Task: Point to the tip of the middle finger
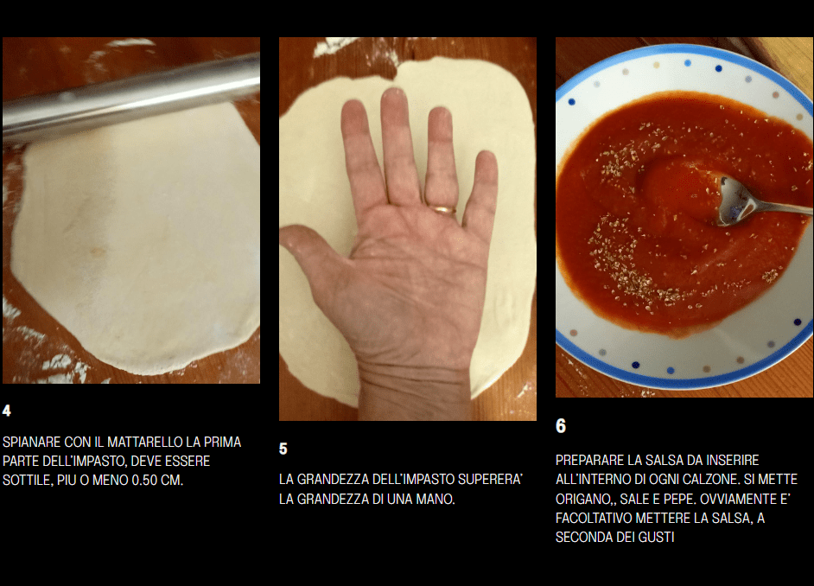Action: pyautogui.click(x=393, y=93)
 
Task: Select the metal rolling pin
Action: pyautogui.click(x=130, y=99)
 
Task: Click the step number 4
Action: pyautogui.click(x=7, y=411)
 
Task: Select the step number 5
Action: pyautogui.click(x=283, y=449)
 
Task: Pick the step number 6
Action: pyautogui.click(x=561, y=425)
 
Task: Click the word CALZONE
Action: pyautogui.click(x=712, y=479)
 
